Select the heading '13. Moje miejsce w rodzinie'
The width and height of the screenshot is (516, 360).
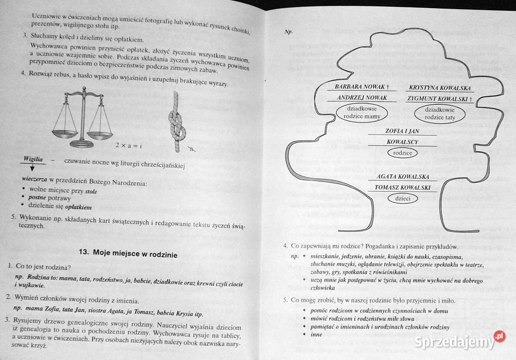[x=128, y=252]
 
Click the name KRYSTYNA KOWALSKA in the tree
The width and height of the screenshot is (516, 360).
[x=440, y=87]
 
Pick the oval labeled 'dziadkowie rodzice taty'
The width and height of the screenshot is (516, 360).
[x=440, y=113]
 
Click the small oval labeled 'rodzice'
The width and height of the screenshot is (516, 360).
[x=402, y=153]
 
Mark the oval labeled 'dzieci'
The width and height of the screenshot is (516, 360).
[x=402, y=198]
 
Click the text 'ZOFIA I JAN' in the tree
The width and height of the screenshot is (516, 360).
[x=402, y=131]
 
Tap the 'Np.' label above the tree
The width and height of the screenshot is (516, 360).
[x=288, y=32]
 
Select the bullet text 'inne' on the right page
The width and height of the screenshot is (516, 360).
[x=316, y=335]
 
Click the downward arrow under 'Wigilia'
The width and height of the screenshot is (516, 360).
[x=33, y=168]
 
